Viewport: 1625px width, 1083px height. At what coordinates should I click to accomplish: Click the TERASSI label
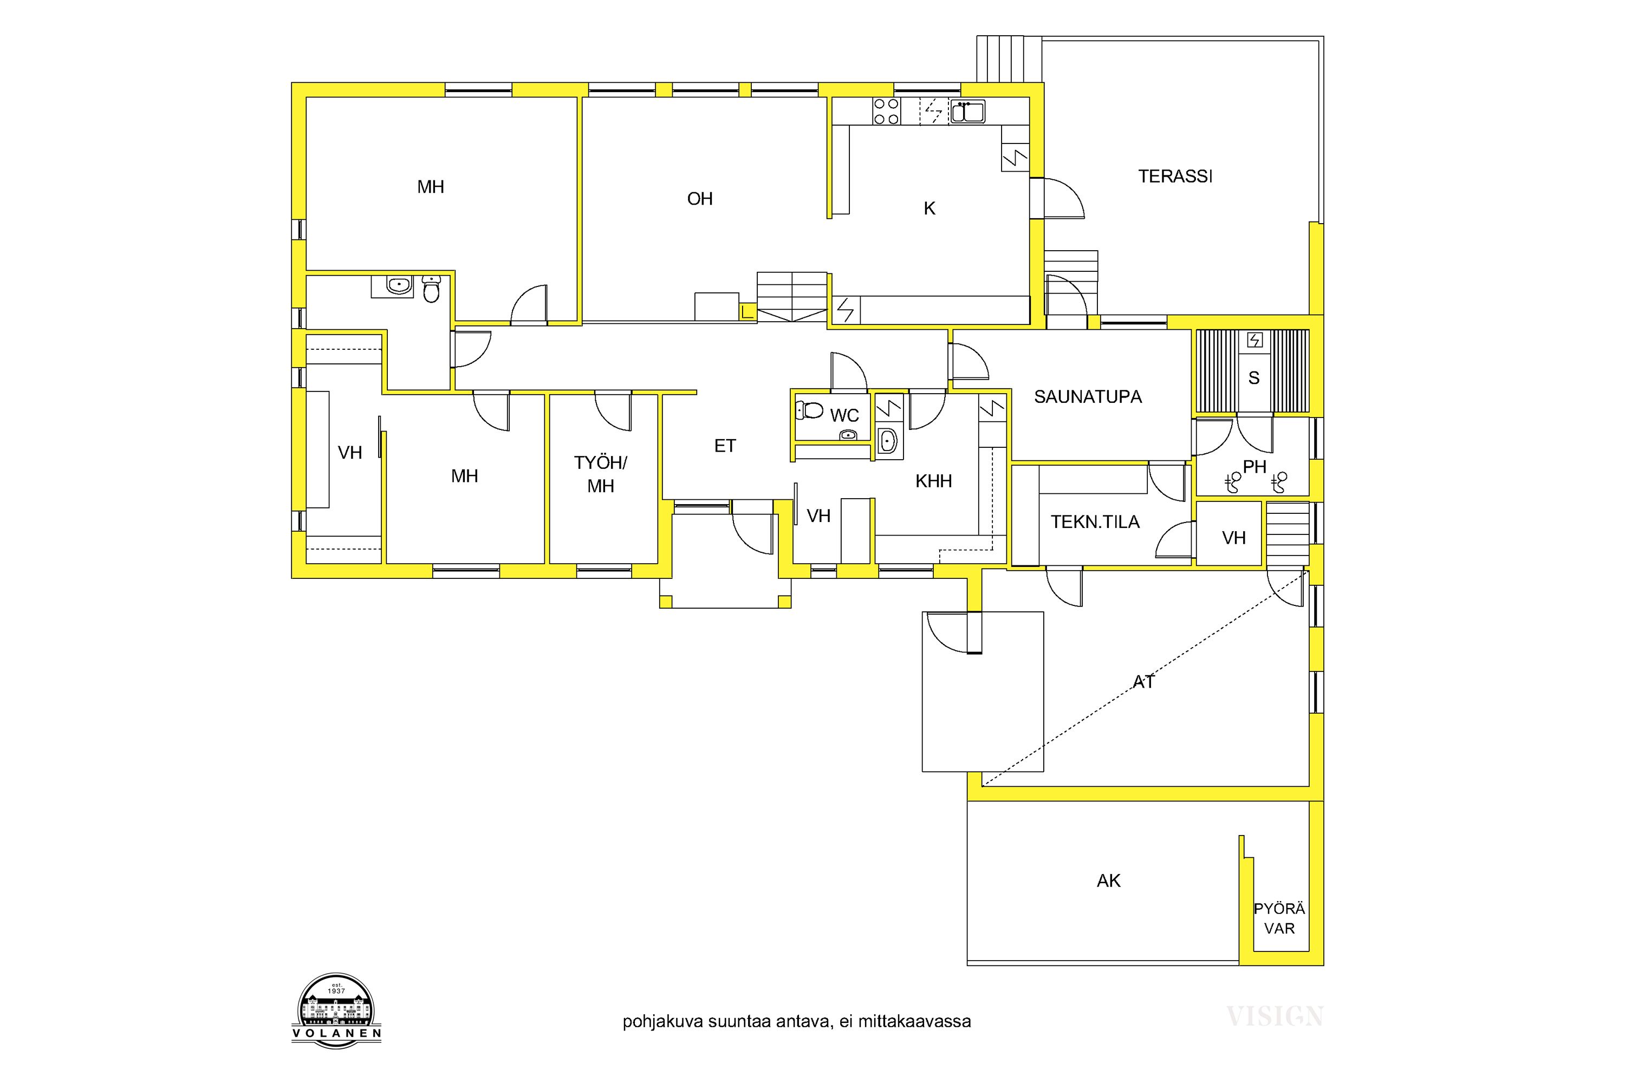tap(1175, 177)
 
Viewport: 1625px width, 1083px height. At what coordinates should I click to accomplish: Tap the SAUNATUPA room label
tap(1088, 397)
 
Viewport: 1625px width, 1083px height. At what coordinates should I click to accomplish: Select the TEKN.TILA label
tap(1095, 522)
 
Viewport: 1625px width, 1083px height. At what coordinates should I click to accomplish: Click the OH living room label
tap(700, 199)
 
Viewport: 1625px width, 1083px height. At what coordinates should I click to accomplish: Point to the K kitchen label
tap(929, 208)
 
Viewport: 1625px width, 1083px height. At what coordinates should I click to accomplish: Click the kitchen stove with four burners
tap(886, 111)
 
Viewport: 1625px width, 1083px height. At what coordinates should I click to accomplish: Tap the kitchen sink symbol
tap(967, 111)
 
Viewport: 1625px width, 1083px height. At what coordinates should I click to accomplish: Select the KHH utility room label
tap(933, 481)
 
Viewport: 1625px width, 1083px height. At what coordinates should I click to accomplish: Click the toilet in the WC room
tap(809, 411)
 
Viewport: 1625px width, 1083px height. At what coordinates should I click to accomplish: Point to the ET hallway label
tap(725, 446)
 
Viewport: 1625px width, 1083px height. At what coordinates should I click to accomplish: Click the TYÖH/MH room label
tap(600, 474)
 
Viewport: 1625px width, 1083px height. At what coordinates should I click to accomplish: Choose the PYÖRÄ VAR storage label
tap(1279, 918)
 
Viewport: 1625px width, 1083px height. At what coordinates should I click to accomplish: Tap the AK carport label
tap(1108, 880)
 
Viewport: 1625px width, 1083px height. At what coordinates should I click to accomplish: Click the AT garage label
tap(1143, 682)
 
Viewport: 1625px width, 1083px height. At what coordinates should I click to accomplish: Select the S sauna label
tap(1254, 378)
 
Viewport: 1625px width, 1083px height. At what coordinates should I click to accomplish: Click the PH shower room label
tap(1254, 467)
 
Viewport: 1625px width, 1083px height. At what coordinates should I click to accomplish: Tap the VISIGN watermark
tap(1275, 1016)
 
